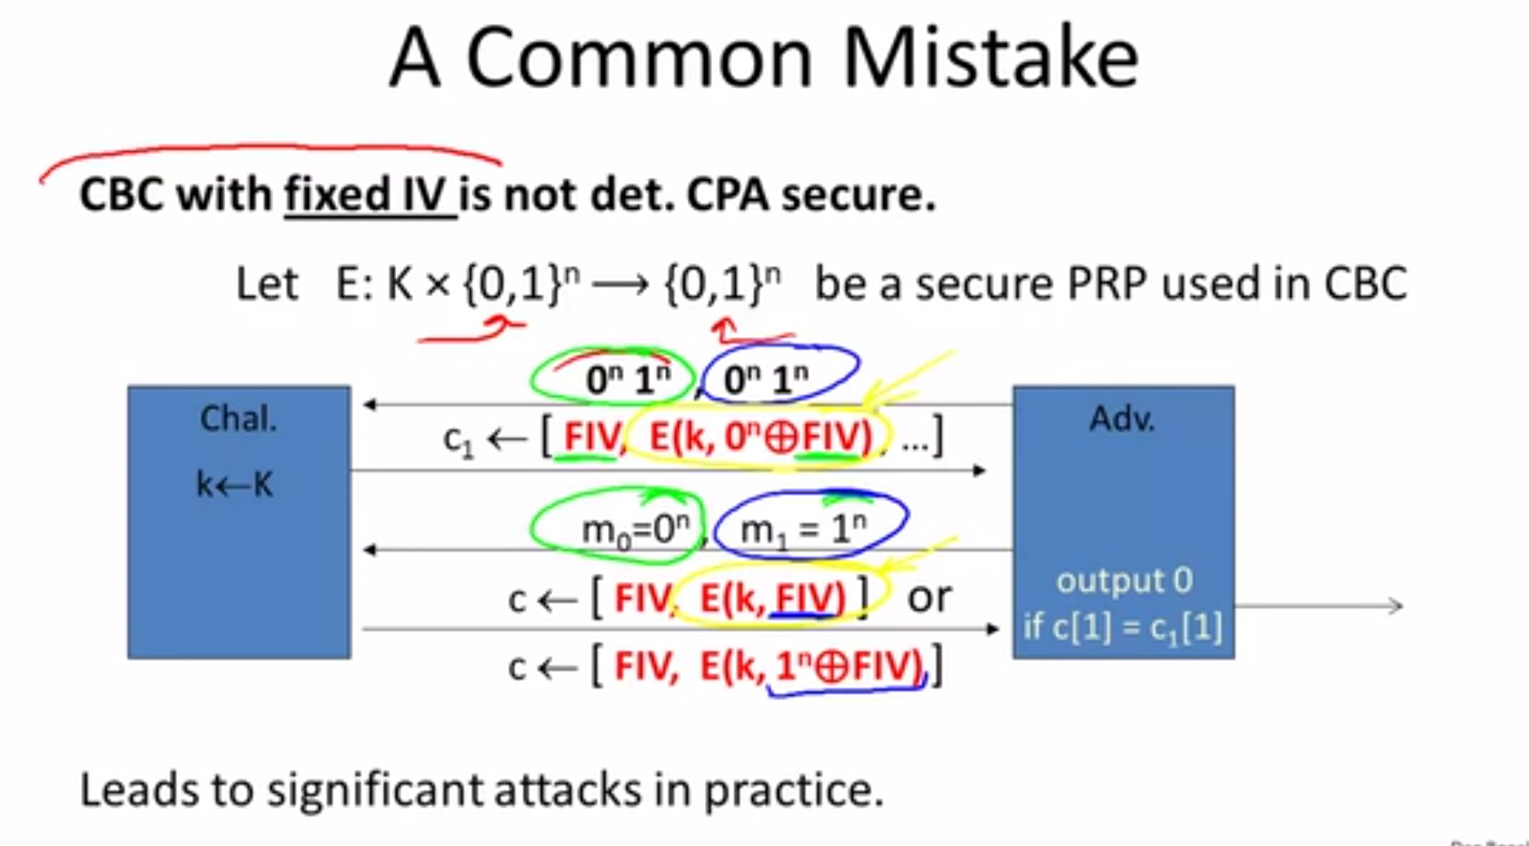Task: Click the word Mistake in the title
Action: click(990, 59)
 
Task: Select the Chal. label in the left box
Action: click(238, 418)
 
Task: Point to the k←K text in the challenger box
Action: click(234, 485)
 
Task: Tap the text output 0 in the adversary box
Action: click(1123, 581)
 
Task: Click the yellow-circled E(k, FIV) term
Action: click(773, 598)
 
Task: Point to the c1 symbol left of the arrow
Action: click(458, 440)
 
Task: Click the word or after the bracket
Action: click(929, 598)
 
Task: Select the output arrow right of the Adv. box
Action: click(1319, 607)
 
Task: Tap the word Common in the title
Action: click(639, 59)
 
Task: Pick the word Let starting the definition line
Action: click(266, 285)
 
